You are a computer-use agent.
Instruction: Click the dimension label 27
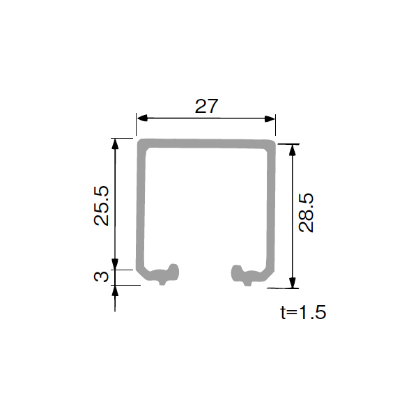(207, 106)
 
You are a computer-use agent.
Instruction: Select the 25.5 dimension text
(102, 206)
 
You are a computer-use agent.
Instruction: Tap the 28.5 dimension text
(306, 212)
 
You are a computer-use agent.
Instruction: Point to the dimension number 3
(102, 276)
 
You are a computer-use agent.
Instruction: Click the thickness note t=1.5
(303, 312)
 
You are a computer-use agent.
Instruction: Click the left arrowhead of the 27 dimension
(142, 118)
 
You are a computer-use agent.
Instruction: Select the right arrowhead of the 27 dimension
(270, 118)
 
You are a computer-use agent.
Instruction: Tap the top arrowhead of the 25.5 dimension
(115, 144)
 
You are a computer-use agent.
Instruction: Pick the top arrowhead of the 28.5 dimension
(293, 150)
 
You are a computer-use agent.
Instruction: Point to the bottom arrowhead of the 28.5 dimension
(293, 283)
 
